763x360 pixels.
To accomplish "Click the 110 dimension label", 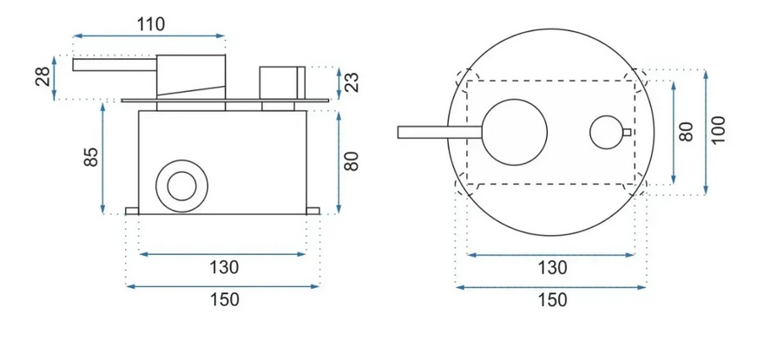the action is click(150, 23).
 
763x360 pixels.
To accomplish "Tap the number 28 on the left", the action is click(43, 77).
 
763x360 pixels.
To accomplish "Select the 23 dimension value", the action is click(352, 82).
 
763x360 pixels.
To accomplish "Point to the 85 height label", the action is click(91, 157).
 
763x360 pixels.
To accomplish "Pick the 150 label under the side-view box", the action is click(224, 299).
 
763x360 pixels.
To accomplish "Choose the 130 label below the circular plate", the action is click(552, 267).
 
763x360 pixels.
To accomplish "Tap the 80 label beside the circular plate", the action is click(686, 132).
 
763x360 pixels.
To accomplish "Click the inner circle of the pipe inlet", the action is click(182, 186).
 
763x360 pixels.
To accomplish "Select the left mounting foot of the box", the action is click(132, 211).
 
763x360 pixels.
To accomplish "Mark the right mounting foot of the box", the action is click(313, 211).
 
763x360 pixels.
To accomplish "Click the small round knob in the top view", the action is click(606, 132).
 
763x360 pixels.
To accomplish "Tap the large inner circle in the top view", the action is click(516, 132).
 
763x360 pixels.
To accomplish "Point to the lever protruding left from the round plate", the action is click(440, 133).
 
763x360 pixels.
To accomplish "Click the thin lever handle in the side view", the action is click(115, 65).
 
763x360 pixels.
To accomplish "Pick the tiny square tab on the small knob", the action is click(627, 132).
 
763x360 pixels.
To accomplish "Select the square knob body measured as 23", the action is click(282, 82).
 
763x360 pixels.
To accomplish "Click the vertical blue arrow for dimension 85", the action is click(102, 158).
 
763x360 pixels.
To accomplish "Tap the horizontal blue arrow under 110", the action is click(149, 36).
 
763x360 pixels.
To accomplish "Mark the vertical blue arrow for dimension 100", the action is click(706, 133).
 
